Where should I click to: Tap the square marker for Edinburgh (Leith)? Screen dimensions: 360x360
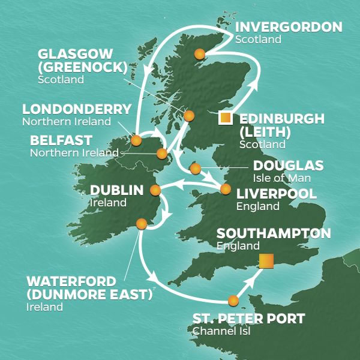coord(226,118)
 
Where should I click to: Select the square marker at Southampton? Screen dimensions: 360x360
coord(266,261)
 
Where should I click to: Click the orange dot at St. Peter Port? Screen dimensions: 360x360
coord(233,301)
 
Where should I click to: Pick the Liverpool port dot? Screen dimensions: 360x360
coord(225,190)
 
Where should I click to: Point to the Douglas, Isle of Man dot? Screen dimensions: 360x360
coord(194,169)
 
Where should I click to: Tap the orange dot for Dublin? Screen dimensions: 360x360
coord(155,191)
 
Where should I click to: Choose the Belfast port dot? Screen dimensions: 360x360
coord(162,154)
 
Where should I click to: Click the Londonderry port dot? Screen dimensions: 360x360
coord(136,141)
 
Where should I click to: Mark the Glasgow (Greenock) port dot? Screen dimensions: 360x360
coord(189,116)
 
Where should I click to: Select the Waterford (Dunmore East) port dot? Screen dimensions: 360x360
coord(142,224)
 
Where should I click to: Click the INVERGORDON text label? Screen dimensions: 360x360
coord(289,27)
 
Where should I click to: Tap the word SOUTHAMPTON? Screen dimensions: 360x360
coord(274,233)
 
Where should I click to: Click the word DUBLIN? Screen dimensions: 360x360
coord(116,190)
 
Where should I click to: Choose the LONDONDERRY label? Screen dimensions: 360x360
coord(76,109)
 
